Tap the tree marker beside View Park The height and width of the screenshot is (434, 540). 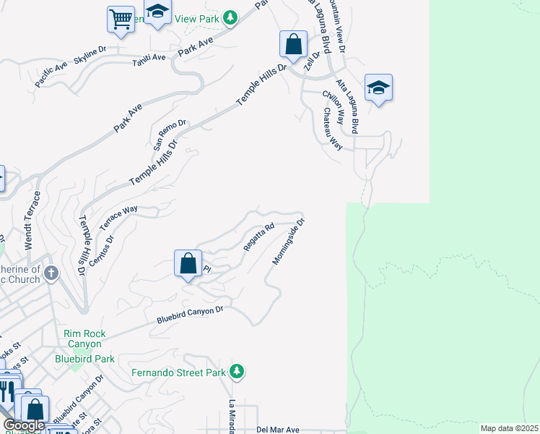230,17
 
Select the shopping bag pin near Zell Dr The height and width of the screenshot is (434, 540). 293,44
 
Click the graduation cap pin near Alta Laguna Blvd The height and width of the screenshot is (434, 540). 378,88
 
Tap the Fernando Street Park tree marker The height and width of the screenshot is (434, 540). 237,372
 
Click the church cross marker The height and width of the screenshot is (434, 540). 51,273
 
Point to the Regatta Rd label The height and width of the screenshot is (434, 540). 259,237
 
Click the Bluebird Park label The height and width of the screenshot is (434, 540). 84,358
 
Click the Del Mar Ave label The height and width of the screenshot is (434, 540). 278,429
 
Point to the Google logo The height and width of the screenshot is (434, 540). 24,426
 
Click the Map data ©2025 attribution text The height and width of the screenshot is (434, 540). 508,428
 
